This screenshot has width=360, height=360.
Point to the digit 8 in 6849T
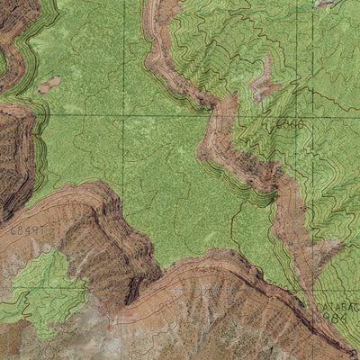click(22, 231)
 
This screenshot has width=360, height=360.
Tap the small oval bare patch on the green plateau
click(49, 85)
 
